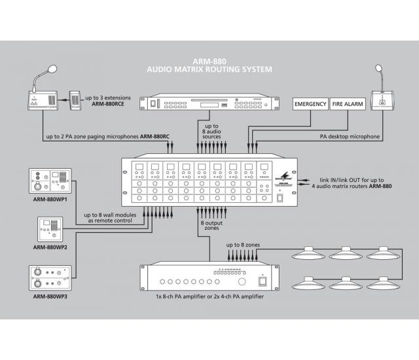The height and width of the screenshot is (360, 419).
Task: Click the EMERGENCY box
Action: pyautogui.click(x=310, y=104)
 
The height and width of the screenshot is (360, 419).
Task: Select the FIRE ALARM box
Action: pyautogui.click(x=348, y=104)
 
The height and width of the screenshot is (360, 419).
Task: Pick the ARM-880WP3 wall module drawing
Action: pyautogui.click(x=50, y=277)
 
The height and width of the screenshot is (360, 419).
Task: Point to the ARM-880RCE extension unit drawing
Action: pyautogui.click(x=76, y=102)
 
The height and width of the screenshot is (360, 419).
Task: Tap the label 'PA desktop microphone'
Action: pyautogui.click(x=350, y=137)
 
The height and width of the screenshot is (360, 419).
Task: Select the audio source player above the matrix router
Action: pyautogui.click(x=205, y=103)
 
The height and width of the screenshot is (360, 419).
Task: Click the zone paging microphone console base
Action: pyautogui.click(x=40, y=101)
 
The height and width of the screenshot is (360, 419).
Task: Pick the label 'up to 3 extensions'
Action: pyautogui.click(x=116, y=98)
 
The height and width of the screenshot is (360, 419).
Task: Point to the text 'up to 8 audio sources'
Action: pyautogui.click(x=211, y=130)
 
